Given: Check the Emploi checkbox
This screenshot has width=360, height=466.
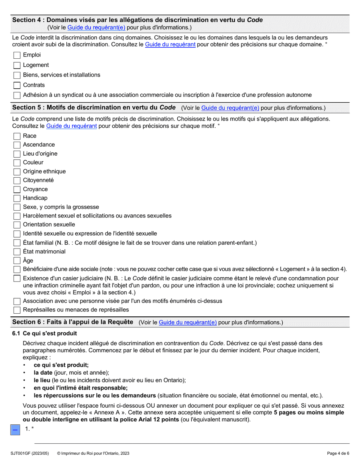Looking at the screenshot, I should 17,55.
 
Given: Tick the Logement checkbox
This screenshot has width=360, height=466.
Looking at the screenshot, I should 17,65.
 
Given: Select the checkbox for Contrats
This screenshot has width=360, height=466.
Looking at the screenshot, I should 17,85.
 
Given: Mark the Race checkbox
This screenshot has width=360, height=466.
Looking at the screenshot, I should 17,136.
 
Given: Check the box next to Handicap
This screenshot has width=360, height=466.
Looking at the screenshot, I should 17,198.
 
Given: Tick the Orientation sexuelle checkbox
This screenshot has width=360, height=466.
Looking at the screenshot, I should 17,225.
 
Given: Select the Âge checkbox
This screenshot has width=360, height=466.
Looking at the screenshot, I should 17,261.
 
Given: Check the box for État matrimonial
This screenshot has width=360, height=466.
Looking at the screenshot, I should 17,252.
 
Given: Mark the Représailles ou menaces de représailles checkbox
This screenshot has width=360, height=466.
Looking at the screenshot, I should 17,310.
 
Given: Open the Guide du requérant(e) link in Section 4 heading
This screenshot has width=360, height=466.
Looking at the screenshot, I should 97,28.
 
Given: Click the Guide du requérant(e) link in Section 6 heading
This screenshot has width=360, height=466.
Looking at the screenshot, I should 188,322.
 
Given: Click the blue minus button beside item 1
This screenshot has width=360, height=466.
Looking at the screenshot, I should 15,430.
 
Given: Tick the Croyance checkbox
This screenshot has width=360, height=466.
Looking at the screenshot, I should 17,189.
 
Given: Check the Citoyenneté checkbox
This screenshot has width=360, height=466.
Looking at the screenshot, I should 17,180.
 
